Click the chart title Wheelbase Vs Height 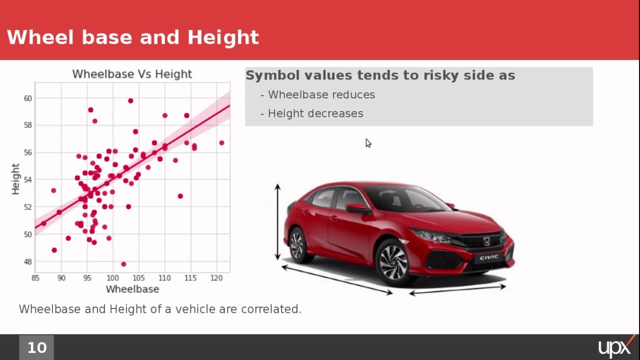pyautogui.click(x=132, y=74)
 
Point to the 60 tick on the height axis pyautogui.click(x=27, y=98)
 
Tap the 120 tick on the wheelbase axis pyautogui.click(x=216, y=278)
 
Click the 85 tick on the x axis pyautogui.click(x=35, y=278)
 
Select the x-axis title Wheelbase pyautogui.click(x=132, y=289)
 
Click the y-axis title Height pyautogui.click(x=15, y=178)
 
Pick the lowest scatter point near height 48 pyautogui.click(x=123, y=264)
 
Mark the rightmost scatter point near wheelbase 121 pyautogui.click(x=221, y=143)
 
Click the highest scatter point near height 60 pyautogui.click(x=130, y=101)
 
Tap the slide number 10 pyautogui.click(x=36, y=347)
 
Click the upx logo pyautogui.click(x=615, y=347)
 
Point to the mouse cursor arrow pyautogui.click(x=368, y=143)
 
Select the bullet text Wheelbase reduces pyautogui.click(x=321, y=94)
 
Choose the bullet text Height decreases pyautogui.click(x=315, y=113)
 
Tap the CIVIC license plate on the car pyautogui.click(x=489, y=257)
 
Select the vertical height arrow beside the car pyautogui.click(x=277, y=222)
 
